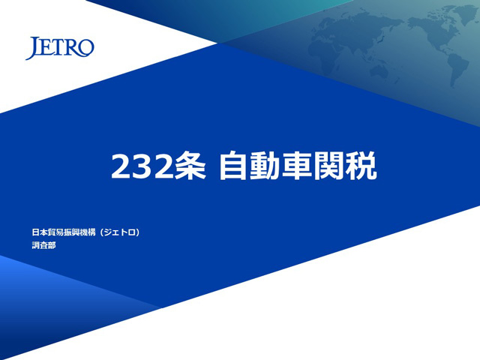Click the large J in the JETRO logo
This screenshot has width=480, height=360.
pos(33,48)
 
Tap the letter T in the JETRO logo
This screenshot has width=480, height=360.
pos(58,48)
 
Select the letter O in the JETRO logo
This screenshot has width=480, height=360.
pos(85,48)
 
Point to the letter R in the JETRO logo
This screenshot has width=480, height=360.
pos(71,48)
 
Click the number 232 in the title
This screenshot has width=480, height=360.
pos(141,166)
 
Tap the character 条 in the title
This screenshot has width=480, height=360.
pos(190,166)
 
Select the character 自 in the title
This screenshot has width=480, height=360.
pos(233,166)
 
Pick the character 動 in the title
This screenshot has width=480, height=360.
pos(265,166)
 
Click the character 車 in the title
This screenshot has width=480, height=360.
pos(297,166)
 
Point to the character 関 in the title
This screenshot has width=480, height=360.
pos(328,166)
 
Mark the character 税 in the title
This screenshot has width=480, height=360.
pos(361,166)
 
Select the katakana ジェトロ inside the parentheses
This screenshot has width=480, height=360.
pos(120,232)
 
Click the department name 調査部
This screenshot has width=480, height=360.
pos(43,245)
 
